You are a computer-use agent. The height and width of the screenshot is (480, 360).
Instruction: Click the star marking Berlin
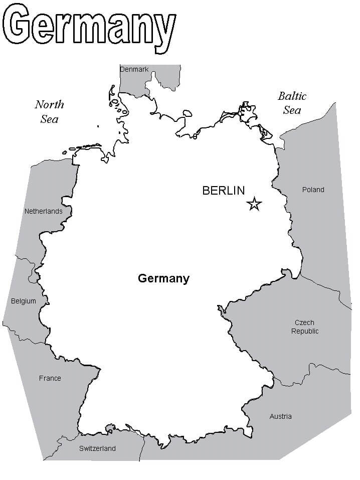254,204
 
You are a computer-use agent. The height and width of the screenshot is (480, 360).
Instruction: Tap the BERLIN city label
223,191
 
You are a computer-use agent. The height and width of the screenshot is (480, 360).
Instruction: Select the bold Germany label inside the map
163,278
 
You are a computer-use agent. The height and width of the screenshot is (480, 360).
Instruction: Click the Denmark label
134,69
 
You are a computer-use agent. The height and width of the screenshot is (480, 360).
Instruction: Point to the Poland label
313,190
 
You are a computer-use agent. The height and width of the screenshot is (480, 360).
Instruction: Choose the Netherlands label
44,211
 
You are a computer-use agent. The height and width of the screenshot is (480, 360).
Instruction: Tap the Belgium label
24,301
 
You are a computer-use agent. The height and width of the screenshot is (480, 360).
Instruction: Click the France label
50,378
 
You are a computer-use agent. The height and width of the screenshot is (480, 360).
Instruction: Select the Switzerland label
97,448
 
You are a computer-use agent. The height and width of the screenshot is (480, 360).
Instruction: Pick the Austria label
280,416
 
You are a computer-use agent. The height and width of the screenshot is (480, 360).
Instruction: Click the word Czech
304,323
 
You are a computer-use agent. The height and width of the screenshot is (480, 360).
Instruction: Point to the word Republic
305,331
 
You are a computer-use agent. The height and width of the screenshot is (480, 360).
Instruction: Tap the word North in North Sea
49,104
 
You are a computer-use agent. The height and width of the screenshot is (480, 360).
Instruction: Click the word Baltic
292,96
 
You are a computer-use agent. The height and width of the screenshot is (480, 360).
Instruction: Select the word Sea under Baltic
292,110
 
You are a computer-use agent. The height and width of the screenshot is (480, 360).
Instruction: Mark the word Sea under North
49,119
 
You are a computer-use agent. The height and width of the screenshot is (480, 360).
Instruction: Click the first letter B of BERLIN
206,191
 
